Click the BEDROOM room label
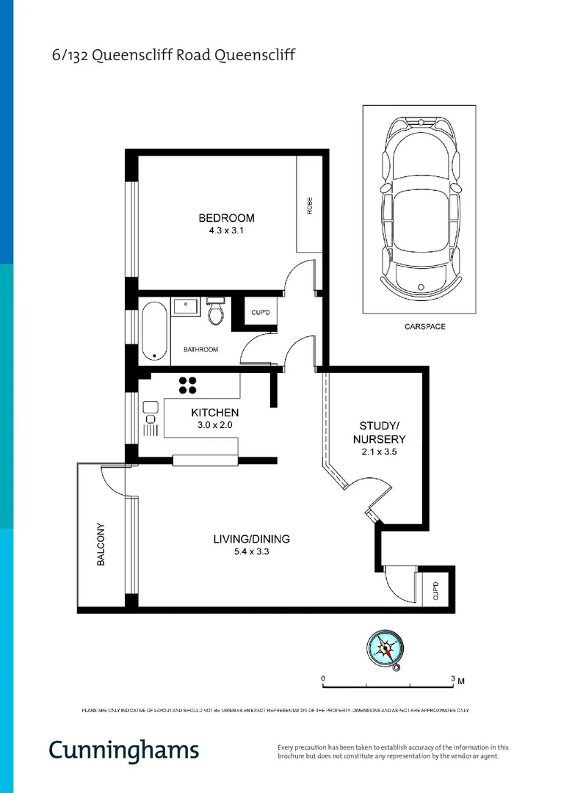coord(226,218)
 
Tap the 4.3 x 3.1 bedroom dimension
coord(226,231)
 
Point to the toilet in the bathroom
coord(215,312)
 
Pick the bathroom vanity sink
coord(184,305)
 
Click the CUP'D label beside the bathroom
coord(261,314)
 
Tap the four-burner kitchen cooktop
coord(187,385)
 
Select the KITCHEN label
coord(214,413)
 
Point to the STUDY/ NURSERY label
coord(382,432)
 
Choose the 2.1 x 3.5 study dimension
coord(379,452)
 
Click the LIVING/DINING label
coord(251,539)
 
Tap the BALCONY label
coord(101,544)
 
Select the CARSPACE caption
coord(424,326)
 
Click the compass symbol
coord(386,648)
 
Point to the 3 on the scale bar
coord(453,678)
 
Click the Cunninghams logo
coord(123,750)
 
